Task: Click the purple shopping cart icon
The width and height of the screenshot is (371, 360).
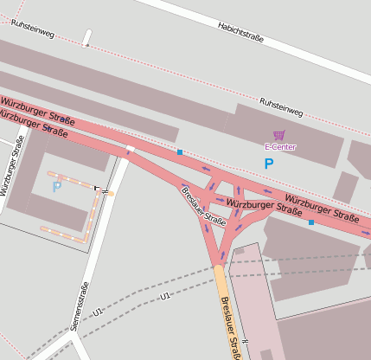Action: [278, 135]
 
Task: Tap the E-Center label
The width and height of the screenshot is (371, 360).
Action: [279, 147]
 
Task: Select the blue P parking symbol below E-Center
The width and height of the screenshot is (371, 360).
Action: [268, 164]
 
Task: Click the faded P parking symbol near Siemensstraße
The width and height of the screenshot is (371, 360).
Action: [57, 186]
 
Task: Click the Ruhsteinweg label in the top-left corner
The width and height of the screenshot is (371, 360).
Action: [33, 32]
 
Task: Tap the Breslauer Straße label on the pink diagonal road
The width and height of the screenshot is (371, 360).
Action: [203, 206]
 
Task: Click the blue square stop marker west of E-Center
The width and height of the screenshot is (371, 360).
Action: [180, 152]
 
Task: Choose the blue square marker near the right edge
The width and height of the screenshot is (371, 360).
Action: [311, 222]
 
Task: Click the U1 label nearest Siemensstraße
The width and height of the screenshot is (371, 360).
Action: [98, 310]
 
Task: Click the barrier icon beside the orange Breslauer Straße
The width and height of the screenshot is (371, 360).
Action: [245, 342]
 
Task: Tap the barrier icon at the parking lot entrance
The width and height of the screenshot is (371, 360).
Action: [103, 190]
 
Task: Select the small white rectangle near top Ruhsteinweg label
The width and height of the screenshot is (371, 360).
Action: [86, 37]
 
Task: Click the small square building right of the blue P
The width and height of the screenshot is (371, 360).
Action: [346, 187]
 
